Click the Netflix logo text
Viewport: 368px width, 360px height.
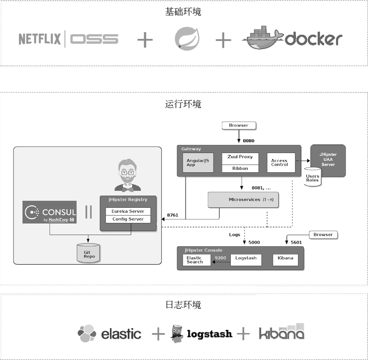pos(39,39)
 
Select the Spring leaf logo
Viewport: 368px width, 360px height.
pos(187,39)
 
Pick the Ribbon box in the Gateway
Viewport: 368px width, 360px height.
pos(240,168)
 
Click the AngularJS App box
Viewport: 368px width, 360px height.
pos(198,163)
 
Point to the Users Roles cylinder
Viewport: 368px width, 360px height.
pos(313,178)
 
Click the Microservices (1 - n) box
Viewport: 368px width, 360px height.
pos(243,200)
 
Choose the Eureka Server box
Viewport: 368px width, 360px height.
pos(128,211)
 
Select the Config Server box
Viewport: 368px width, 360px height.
pos(128,219)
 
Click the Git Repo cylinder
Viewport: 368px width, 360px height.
pos(88,253)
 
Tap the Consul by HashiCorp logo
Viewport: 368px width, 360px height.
pos(50,212)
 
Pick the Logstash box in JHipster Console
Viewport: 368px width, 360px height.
pos(246,259)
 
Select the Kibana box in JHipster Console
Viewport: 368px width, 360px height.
pos(285,259)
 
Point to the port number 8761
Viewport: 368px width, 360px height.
pos(172,215)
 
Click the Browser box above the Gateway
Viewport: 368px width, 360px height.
pos(239,125)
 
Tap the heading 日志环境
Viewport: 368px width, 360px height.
pos(183,305)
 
